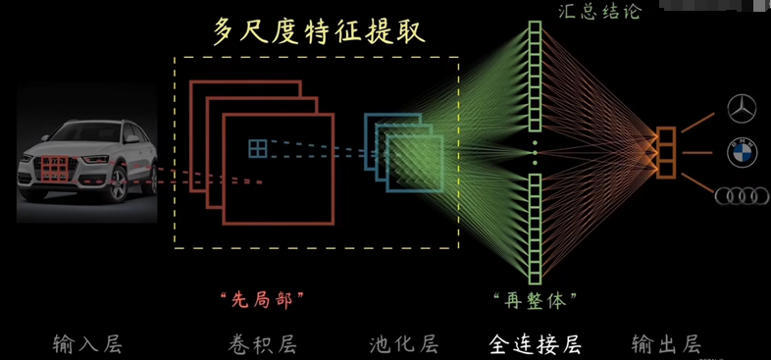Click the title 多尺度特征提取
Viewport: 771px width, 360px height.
tap(320, 31)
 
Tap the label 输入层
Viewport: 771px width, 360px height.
tap(88, 343)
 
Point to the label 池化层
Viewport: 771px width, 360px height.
tap(404, 343)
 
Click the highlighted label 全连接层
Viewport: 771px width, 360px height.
tap(535, 343)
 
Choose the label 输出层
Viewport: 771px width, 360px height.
tap(666, 343)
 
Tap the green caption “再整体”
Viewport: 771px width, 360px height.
tap(535, 297)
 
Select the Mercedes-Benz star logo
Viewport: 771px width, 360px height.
tap(743, 109)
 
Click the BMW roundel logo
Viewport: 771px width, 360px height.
tap(743, 152)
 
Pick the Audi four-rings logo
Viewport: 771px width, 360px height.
tap(743, 195)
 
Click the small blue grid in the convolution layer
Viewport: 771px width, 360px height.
tap(257, 148)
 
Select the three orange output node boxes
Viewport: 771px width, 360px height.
tap(667, 151)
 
